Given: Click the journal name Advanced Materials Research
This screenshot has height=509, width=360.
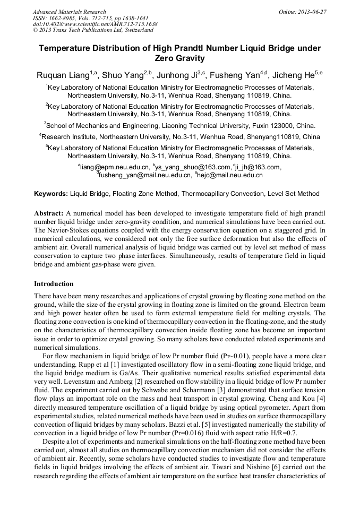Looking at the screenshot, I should tap(69, 12).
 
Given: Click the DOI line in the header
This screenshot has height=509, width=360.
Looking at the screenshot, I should tap(95, 24).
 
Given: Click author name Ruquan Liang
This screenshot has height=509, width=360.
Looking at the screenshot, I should tap(64, 75).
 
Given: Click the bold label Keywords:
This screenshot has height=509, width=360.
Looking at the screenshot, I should tap(51, 194).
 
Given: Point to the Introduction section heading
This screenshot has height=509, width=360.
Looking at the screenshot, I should tap(54, 284).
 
